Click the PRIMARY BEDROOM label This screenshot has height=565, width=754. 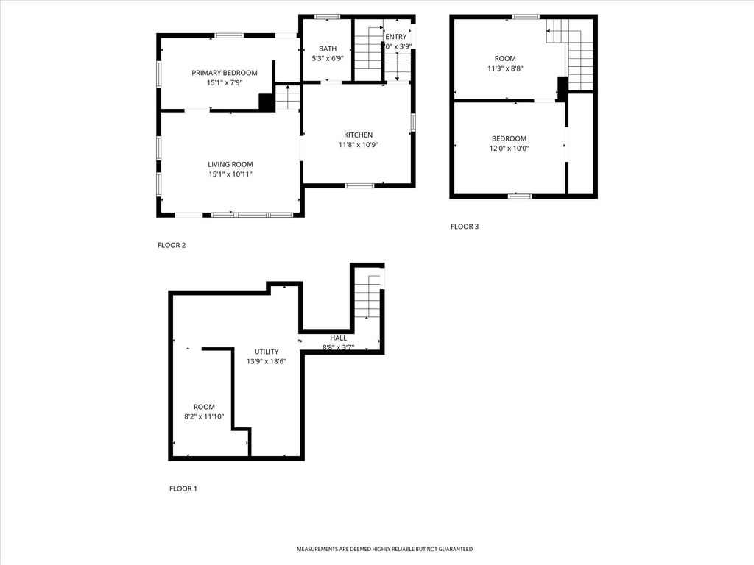pyautogui.click(x=225, y=73)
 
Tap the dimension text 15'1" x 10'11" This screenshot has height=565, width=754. pyautogui.click(x=230, y=174)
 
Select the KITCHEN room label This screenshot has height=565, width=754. pyautogui.click(x=358, y=135)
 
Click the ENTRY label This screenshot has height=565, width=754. pyautogui.click(x=395, y=37)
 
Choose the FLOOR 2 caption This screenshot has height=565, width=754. pyautogui.click(x=172, y=245)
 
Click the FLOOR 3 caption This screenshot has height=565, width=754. pyautogui.click(x=465, y=227)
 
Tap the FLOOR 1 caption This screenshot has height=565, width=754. pyautogui.click(x=183, y=488)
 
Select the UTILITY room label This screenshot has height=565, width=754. pyautogui.click(x=267, y=352)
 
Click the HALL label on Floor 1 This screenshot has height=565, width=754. pyautogui.click(x=338, y=338)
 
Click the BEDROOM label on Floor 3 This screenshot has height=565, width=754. pyautogui.click(x=509, y=138)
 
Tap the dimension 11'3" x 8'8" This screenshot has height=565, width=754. pyautogui.click(x=505, y=68)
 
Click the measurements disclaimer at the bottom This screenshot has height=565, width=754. pyautogui.click(x=384, y=549)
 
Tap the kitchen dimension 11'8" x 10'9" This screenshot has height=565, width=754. pyautogui.click(x=358, y=145)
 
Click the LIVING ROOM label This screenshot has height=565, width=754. pyautogui.click(x=230, y=164)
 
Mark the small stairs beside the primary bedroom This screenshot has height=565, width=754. pyautogui.click(x=288, y=96)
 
